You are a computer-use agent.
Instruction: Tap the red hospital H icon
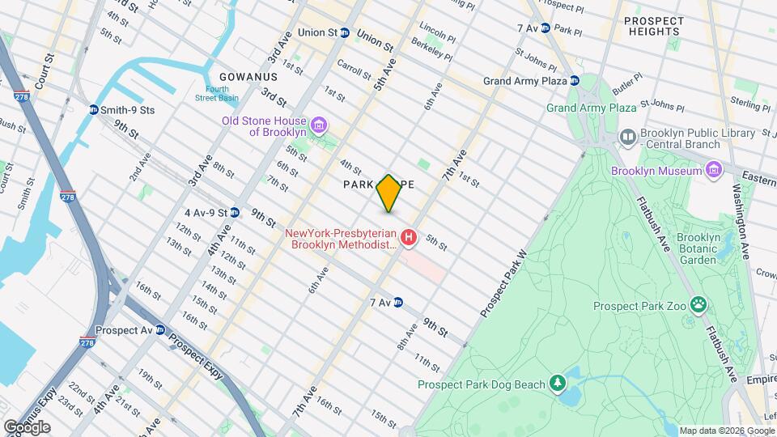click(410, 238)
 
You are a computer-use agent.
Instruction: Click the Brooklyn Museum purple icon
click(713, 171)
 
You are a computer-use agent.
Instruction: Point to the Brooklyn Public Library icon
click(627, 138)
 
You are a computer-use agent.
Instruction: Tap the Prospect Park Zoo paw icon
click(698, 306)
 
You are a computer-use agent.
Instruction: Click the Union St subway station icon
click(344, 33)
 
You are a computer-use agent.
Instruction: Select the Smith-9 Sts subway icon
click(94, 110)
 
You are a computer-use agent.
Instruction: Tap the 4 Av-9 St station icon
click(235, 213)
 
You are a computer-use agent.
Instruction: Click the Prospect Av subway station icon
click(160, 330)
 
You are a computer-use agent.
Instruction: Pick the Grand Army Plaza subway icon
click(574, 81)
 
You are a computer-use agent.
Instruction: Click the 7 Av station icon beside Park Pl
click(545, 28)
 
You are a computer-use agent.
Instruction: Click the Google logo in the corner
click(27, 426)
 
